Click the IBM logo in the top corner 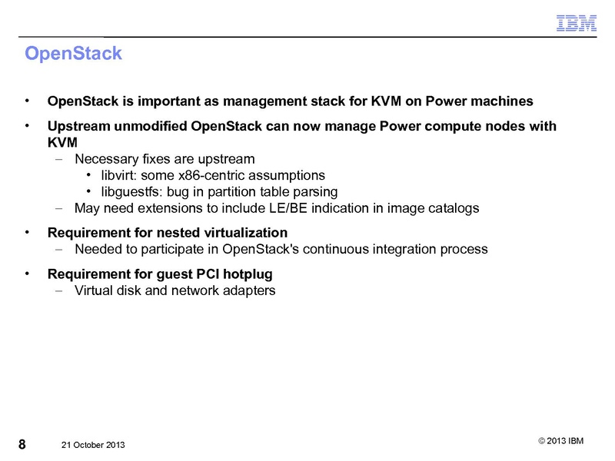577,24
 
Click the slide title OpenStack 73,55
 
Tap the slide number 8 22,444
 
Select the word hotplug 248,274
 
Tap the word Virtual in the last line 96,290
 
